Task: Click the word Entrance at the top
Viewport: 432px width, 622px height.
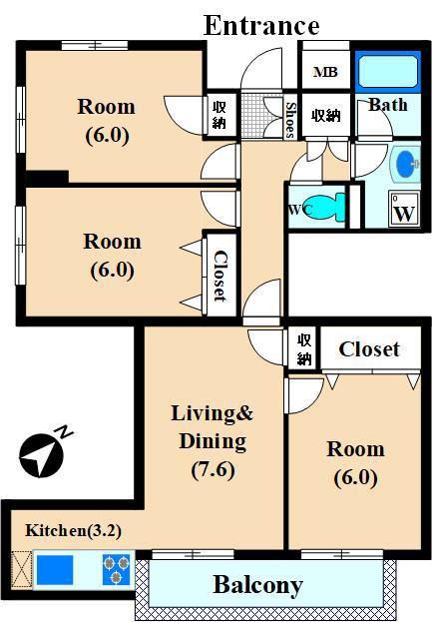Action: coord(261,25)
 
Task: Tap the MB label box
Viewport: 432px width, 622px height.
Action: coord(325,72)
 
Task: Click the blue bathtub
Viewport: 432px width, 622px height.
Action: coord(388,72)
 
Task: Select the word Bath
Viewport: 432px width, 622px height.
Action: coord(388,105)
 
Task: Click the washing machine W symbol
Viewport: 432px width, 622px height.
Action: coord(404,209)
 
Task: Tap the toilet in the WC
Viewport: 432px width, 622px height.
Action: coord(325,207)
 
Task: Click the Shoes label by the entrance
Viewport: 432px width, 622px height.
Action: coord(290,120)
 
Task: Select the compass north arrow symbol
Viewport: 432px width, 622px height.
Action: coord(41,456)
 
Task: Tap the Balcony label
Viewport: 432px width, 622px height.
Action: coord(258,585)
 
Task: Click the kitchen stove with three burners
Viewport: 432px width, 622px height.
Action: coord(116,570)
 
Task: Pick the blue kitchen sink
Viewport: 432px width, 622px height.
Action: coord(55,570)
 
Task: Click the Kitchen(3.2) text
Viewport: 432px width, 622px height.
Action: coord(73,530)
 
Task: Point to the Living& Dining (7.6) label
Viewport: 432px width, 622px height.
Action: coord(213,441)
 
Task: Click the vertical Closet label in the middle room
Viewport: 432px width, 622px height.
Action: coord(219,277)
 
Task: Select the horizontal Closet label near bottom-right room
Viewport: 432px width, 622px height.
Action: coord(369,349)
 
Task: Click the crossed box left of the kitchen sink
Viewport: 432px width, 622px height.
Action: coord(21,570)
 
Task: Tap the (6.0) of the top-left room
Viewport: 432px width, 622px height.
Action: coord(108,135)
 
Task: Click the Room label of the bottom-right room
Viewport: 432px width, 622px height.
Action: coord(355,449)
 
